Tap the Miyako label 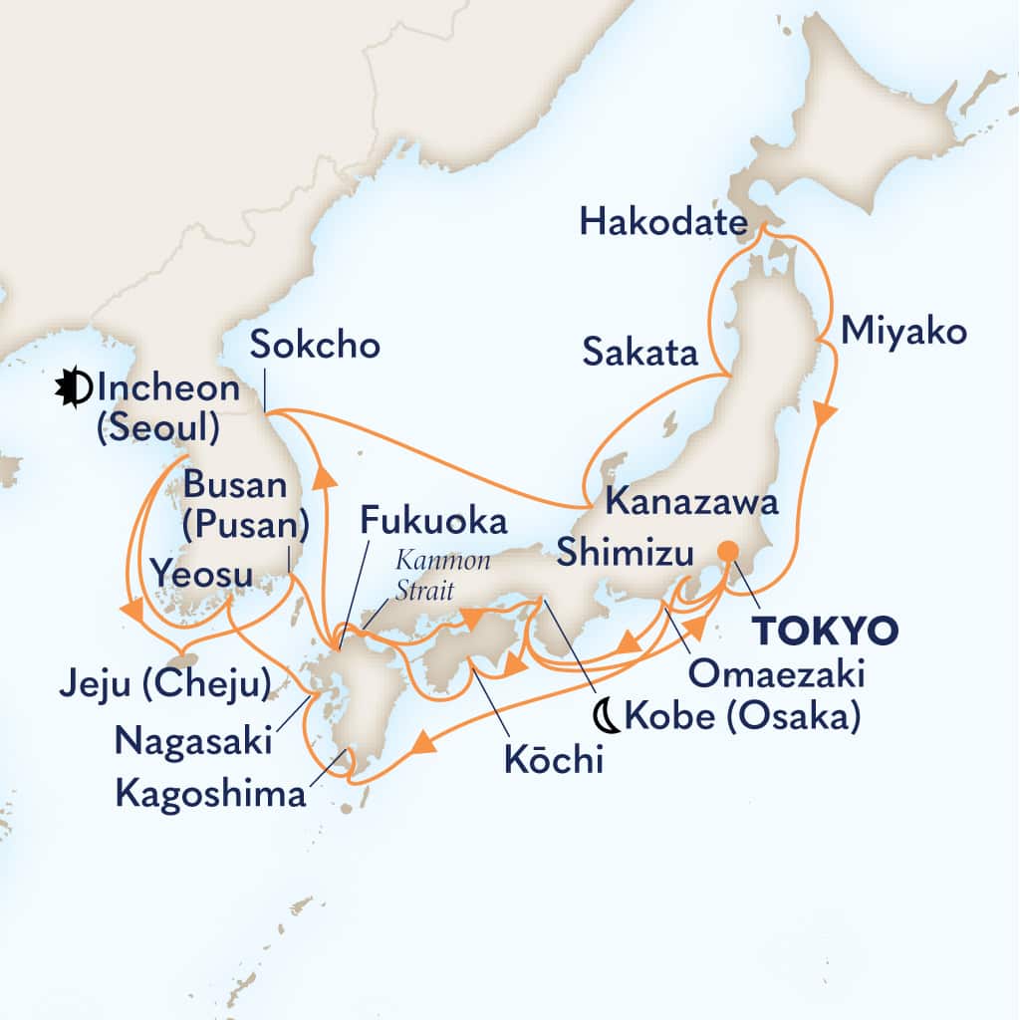pos(903,332)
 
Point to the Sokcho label pos(314,346)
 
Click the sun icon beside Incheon pos(73,387)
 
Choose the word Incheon pos(169,388)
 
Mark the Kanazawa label pos(691,502)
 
